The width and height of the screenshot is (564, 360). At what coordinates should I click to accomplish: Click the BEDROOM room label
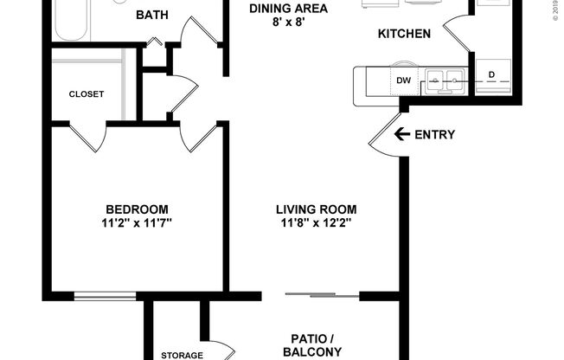[137, 209]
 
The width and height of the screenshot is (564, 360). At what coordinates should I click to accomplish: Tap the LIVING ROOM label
[316, 209]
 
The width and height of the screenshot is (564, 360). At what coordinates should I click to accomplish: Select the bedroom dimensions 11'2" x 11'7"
[137, 222]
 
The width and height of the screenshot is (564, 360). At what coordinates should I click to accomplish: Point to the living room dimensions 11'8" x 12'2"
[316, 222]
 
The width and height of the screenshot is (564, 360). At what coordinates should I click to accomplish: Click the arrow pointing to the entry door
[401, 134]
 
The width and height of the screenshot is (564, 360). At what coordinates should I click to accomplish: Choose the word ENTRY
[434, 134]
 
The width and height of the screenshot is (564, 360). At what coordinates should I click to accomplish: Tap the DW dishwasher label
[403, 80]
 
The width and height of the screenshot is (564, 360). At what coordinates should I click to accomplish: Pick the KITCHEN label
[404, 34]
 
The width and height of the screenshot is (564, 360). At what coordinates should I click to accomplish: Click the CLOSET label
[86, 93]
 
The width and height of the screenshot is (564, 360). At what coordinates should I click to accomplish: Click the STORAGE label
[182, 355]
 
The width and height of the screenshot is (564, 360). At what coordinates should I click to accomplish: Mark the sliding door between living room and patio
[323, 295]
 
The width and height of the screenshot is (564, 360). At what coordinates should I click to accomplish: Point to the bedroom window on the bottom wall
[105, 296]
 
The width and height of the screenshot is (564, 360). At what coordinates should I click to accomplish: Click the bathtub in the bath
[71, 19]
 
